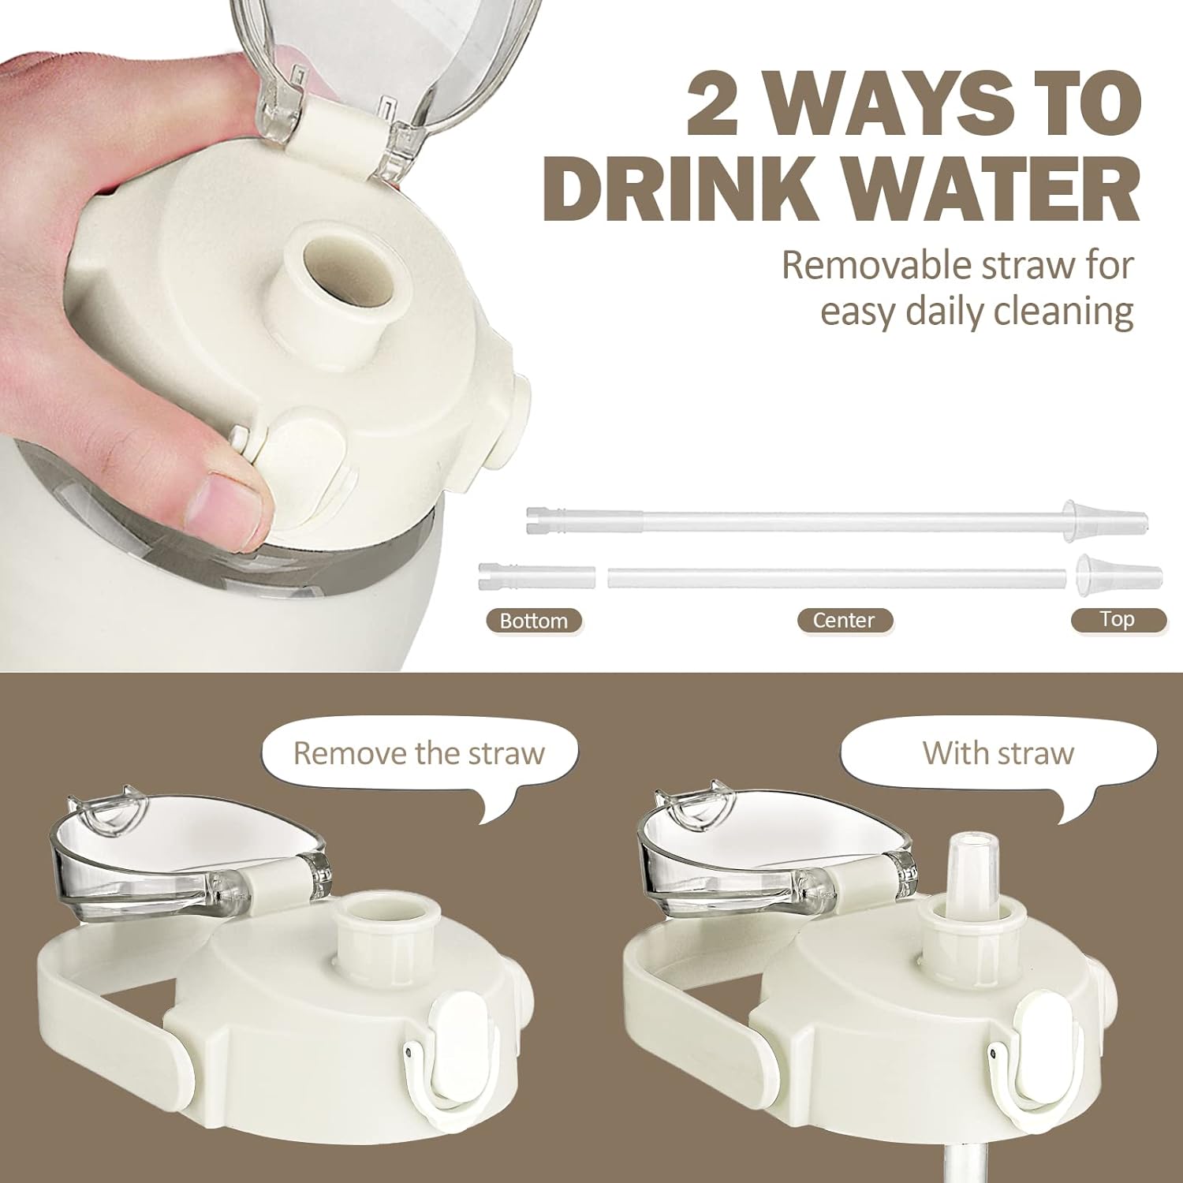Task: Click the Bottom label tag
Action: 534,621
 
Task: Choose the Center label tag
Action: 844,621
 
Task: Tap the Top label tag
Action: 1118,620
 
